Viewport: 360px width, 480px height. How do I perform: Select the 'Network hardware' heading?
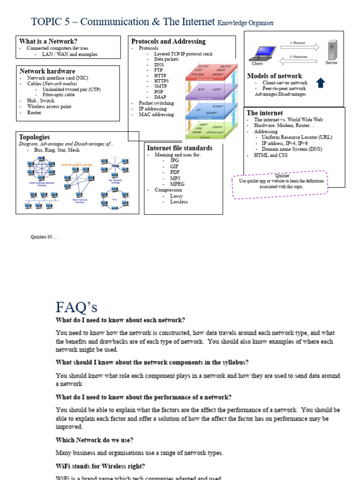[x=47, y=71]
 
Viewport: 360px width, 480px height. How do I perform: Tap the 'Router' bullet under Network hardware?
[x=34, y=112]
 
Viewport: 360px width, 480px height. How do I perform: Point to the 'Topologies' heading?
[x=34, y=137]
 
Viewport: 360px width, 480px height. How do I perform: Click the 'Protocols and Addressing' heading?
[x=168, y=41]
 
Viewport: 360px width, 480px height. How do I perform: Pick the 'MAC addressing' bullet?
[x=156, y=114]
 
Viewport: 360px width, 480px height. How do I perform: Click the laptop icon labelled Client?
[x=258, y=52]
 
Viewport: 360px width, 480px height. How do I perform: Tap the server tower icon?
[x=332, y=51]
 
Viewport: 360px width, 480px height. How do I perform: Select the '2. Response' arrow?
[x=299, y=60]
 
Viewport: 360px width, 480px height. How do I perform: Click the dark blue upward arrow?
[x=321, y=83]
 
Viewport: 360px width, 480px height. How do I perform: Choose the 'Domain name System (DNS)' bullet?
[x=291, y=149]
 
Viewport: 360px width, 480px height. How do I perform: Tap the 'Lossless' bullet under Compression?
[x=179, y=202]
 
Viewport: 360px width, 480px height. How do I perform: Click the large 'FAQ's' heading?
[x=76, y=307]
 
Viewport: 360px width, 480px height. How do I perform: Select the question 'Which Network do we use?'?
[x=94, y=440]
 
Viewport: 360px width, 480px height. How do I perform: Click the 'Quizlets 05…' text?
[x=44, y=237]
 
